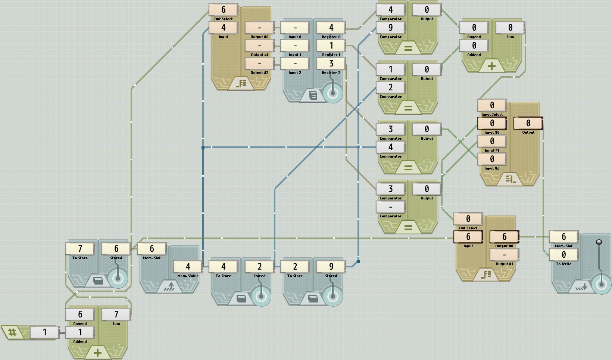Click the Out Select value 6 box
223,10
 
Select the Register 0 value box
331,28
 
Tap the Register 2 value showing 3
331,63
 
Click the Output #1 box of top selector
259,46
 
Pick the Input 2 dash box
295,63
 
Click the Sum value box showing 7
116,314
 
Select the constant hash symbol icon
12,332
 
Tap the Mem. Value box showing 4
188,267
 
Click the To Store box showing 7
80,249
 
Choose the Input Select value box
492,105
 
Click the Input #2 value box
492,159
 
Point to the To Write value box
563,255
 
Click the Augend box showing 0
474,28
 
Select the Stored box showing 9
331,267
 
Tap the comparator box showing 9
390,28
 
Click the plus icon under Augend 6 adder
98,353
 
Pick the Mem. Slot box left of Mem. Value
152,249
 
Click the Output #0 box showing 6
504,237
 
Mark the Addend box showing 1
80,332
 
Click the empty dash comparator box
390,207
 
